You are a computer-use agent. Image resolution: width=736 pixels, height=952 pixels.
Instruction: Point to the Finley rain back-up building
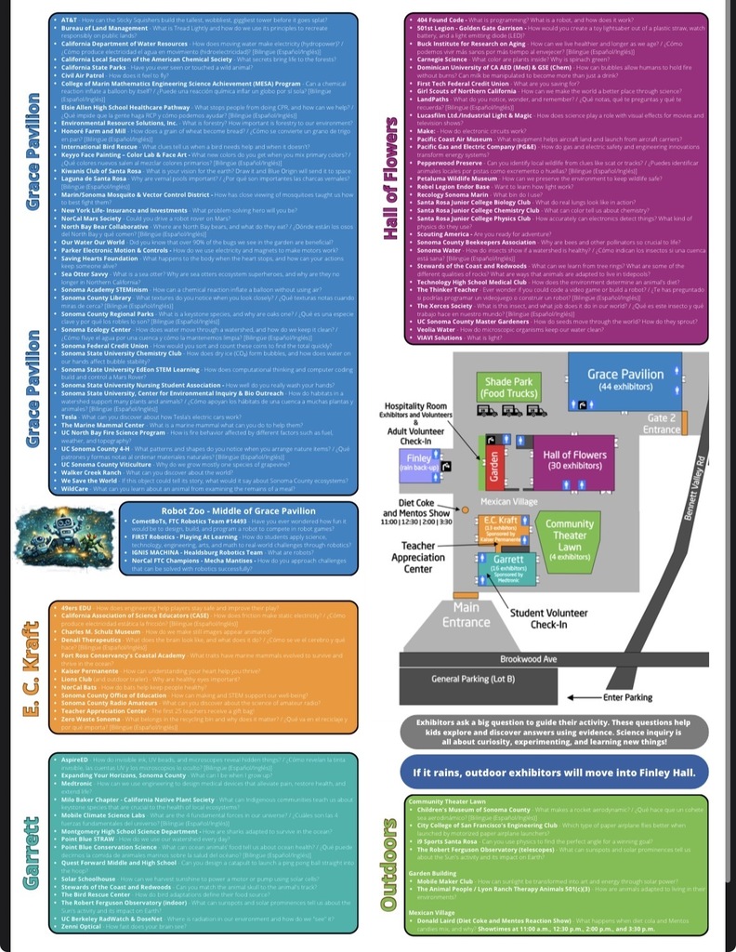(420, 461)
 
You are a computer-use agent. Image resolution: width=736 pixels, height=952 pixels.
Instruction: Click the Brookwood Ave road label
(555, 659)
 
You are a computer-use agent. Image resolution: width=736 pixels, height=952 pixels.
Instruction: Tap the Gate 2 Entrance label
(662, 424)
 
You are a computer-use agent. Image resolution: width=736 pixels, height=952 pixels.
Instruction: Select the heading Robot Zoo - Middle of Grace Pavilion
(239, 510)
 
